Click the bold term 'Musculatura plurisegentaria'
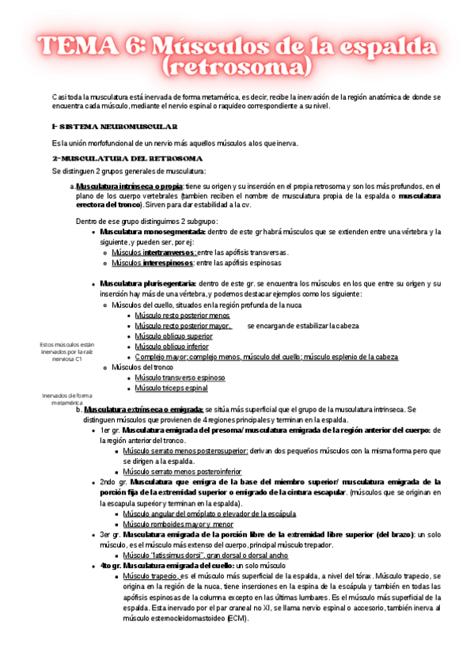pos(148,283)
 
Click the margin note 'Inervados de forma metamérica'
pos(67,398)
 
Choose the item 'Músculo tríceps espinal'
pos(171,388)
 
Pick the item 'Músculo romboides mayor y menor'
pos(178,523)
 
